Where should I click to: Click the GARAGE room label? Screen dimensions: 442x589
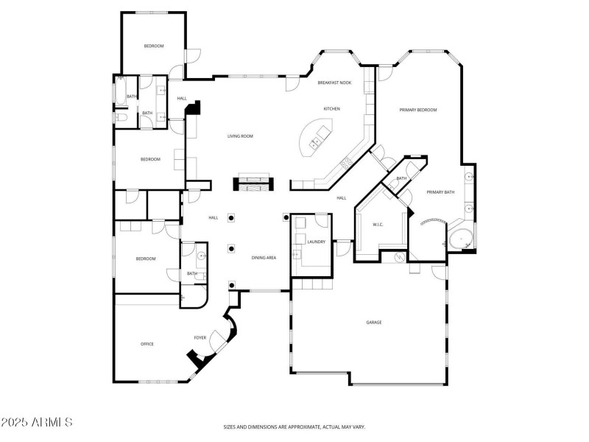point(374,322)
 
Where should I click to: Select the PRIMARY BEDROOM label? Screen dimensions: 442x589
point(417,110)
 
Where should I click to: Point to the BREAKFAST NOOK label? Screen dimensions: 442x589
point(334,83)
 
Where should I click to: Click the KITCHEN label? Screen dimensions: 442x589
point(331,108)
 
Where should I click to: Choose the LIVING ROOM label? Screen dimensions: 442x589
point(240,136)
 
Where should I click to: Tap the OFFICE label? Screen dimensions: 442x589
point(147,344)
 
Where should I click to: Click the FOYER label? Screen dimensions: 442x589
point(200,338)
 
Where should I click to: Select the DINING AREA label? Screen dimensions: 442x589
point(264,258)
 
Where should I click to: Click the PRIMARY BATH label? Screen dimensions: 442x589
point(440,192)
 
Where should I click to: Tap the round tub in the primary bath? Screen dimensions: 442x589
point(461,240)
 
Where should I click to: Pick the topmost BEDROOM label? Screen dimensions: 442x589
point(153,46)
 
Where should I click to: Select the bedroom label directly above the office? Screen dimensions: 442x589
point(146,259)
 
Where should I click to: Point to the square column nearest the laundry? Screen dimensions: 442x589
point(286,217)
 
